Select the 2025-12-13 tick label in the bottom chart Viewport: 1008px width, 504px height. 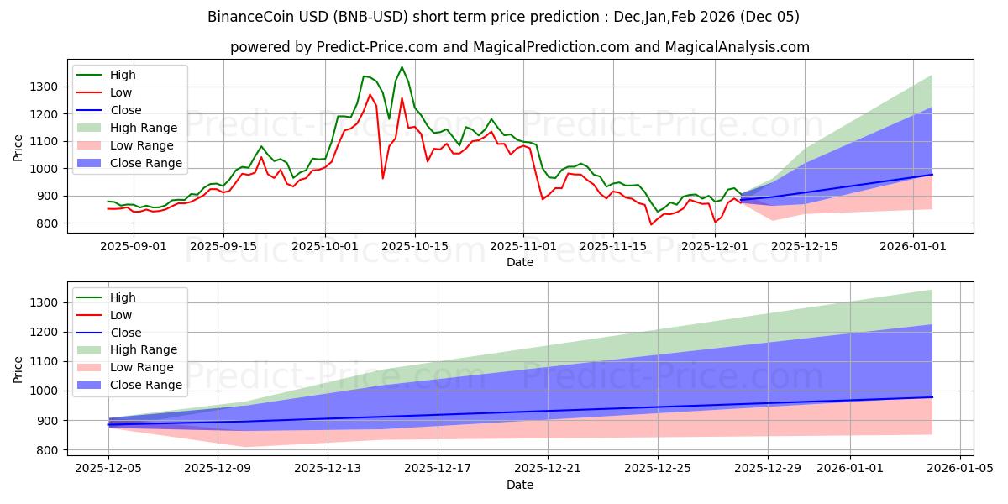point(328,469)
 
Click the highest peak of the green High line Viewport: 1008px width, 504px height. point(402,67)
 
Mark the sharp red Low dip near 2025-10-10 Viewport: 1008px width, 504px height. point(383,178)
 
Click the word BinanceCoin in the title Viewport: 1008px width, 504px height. point(246,17)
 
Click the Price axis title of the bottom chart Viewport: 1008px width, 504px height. point(18,370)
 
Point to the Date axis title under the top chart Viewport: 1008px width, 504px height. point(519,262)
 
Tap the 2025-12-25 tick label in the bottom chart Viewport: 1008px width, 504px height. point(658,469)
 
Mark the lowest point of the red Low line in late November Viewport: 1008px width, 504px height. point(651,224)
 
